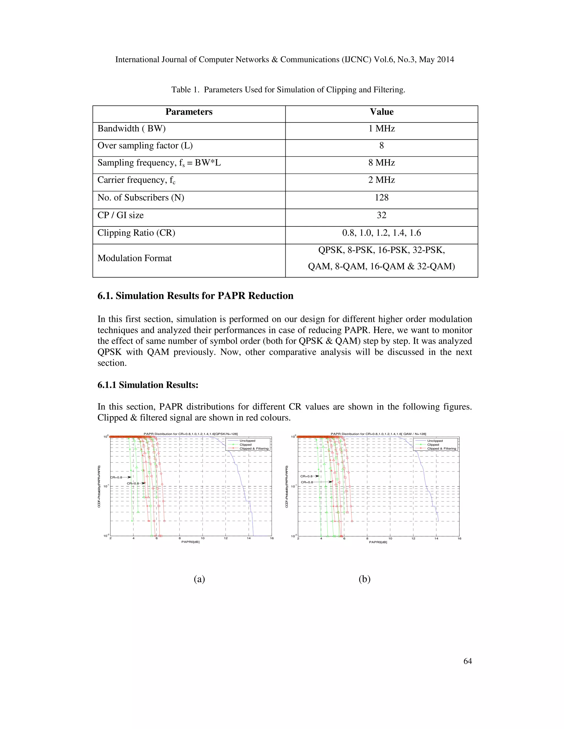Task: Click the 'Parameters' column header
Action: click(189, 112)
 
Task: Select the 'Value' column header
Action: click(382, 112)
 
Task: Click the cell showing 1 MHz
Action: click(382, 129)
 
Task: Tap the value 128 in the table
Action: click(382, 198)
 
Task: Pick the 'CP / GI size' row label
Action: click(120, 215)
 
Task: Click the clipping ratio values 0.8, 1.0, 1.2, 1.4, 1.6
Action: click(382, 233)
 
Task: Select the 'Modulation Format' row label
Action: click(134, 258)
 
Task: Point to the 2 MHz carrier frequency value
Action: click(382, 180)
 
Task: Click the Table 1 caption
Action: click(288, 90)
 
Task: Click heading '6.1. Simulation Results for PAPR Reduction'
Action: click(195, 296)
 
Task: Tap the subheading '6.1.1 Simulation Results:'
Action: click(148, 385)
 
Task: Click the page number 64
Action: click(467, 661)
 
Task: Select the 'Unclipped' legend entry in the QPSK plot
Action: click(247, 441)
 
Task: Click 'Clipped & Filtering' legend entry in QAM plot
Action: click(441, 449)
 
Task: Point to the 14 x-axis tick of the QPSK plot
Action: click(249, 538)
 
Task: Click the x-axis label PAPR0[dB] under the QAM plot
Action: click(378, 542)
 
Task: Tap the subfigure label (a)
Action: click(199, 579)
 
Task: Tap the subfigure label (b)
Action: click(364, 579)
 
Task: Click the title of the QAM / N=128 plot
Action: click(378, 434)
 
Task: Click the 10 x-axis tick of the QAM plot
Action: click(390, 538)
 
